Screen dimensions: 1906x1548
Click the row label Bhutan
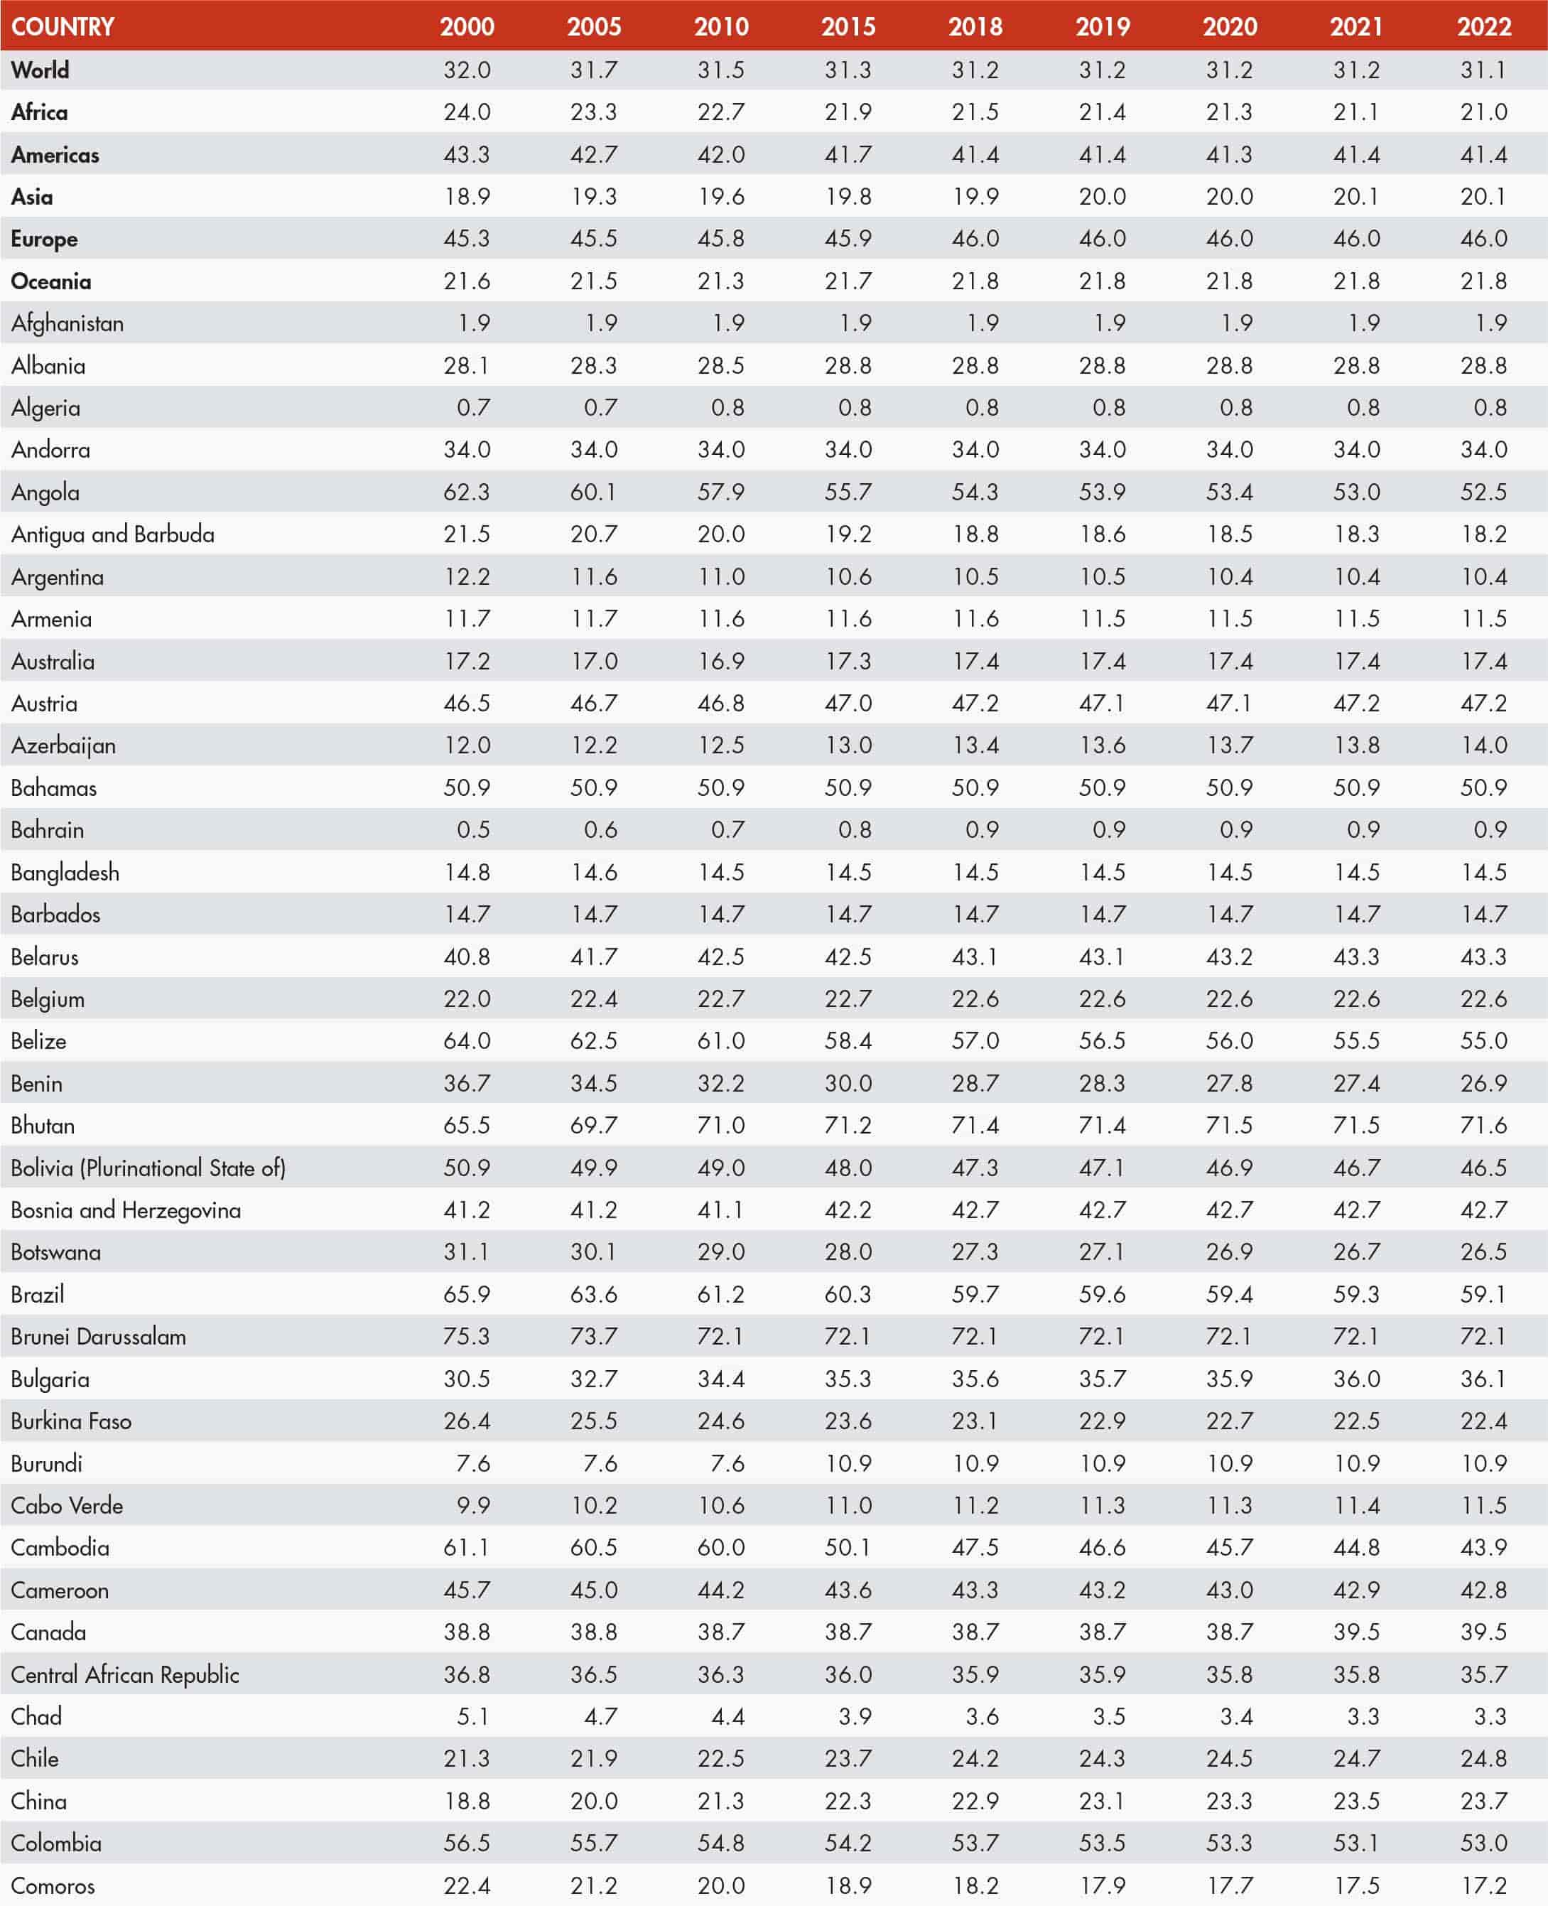(x=43, y=1126)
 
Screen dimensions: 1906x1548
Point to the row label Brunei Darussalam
(x=98, y=1337)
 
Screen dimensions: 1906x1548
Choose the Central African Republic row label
(x=125, y=1675)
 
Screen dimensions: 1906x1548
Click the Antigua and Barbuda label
(x=112, y=535)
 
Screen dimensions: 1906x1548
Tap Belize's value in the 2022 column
(x=1484, y=1041)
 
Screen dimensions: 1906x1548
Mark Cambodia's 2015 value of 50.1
(x=848, y=1547)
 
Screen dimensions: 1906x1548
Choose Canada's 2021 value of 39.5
(x=1356, y=1632)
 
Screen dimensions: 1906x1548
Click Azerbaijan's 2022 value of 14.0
(x=1484, y=745)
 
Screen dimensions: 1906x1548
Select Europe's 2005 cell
(x=594, y=239)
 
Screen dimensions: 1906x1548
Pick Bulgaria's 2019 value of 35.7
(x=1102, y=1379)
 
